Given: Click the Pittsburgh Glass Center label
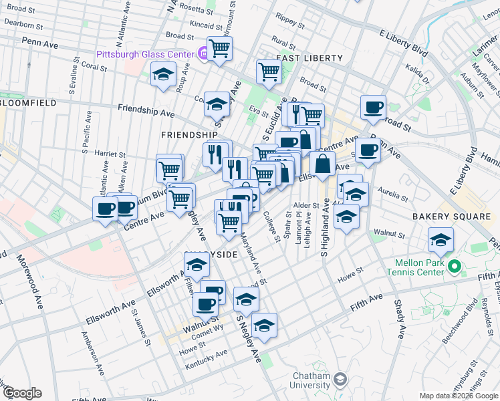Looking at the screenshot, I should [x=144, y=53].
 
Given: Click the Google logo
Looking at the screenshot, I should [x=21, y=393].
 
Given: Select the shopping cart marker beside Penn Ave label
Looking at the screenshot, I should [x=219, y=48].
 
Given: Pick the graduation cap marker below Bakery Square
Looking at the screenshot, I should [x=441, y=240].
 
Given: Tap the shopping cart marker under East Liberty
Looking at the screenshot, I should [x=268, y=71].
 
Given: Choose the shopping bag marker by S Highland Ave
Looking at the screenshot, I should [x=322, y=164].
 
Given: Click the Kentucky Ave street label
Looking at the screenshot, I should [x=212, y=360].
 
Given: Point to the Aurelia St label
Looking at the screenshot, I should [x=393, y=194].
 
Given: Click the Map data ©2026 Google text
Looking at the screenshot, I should [x=457, y=396].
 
